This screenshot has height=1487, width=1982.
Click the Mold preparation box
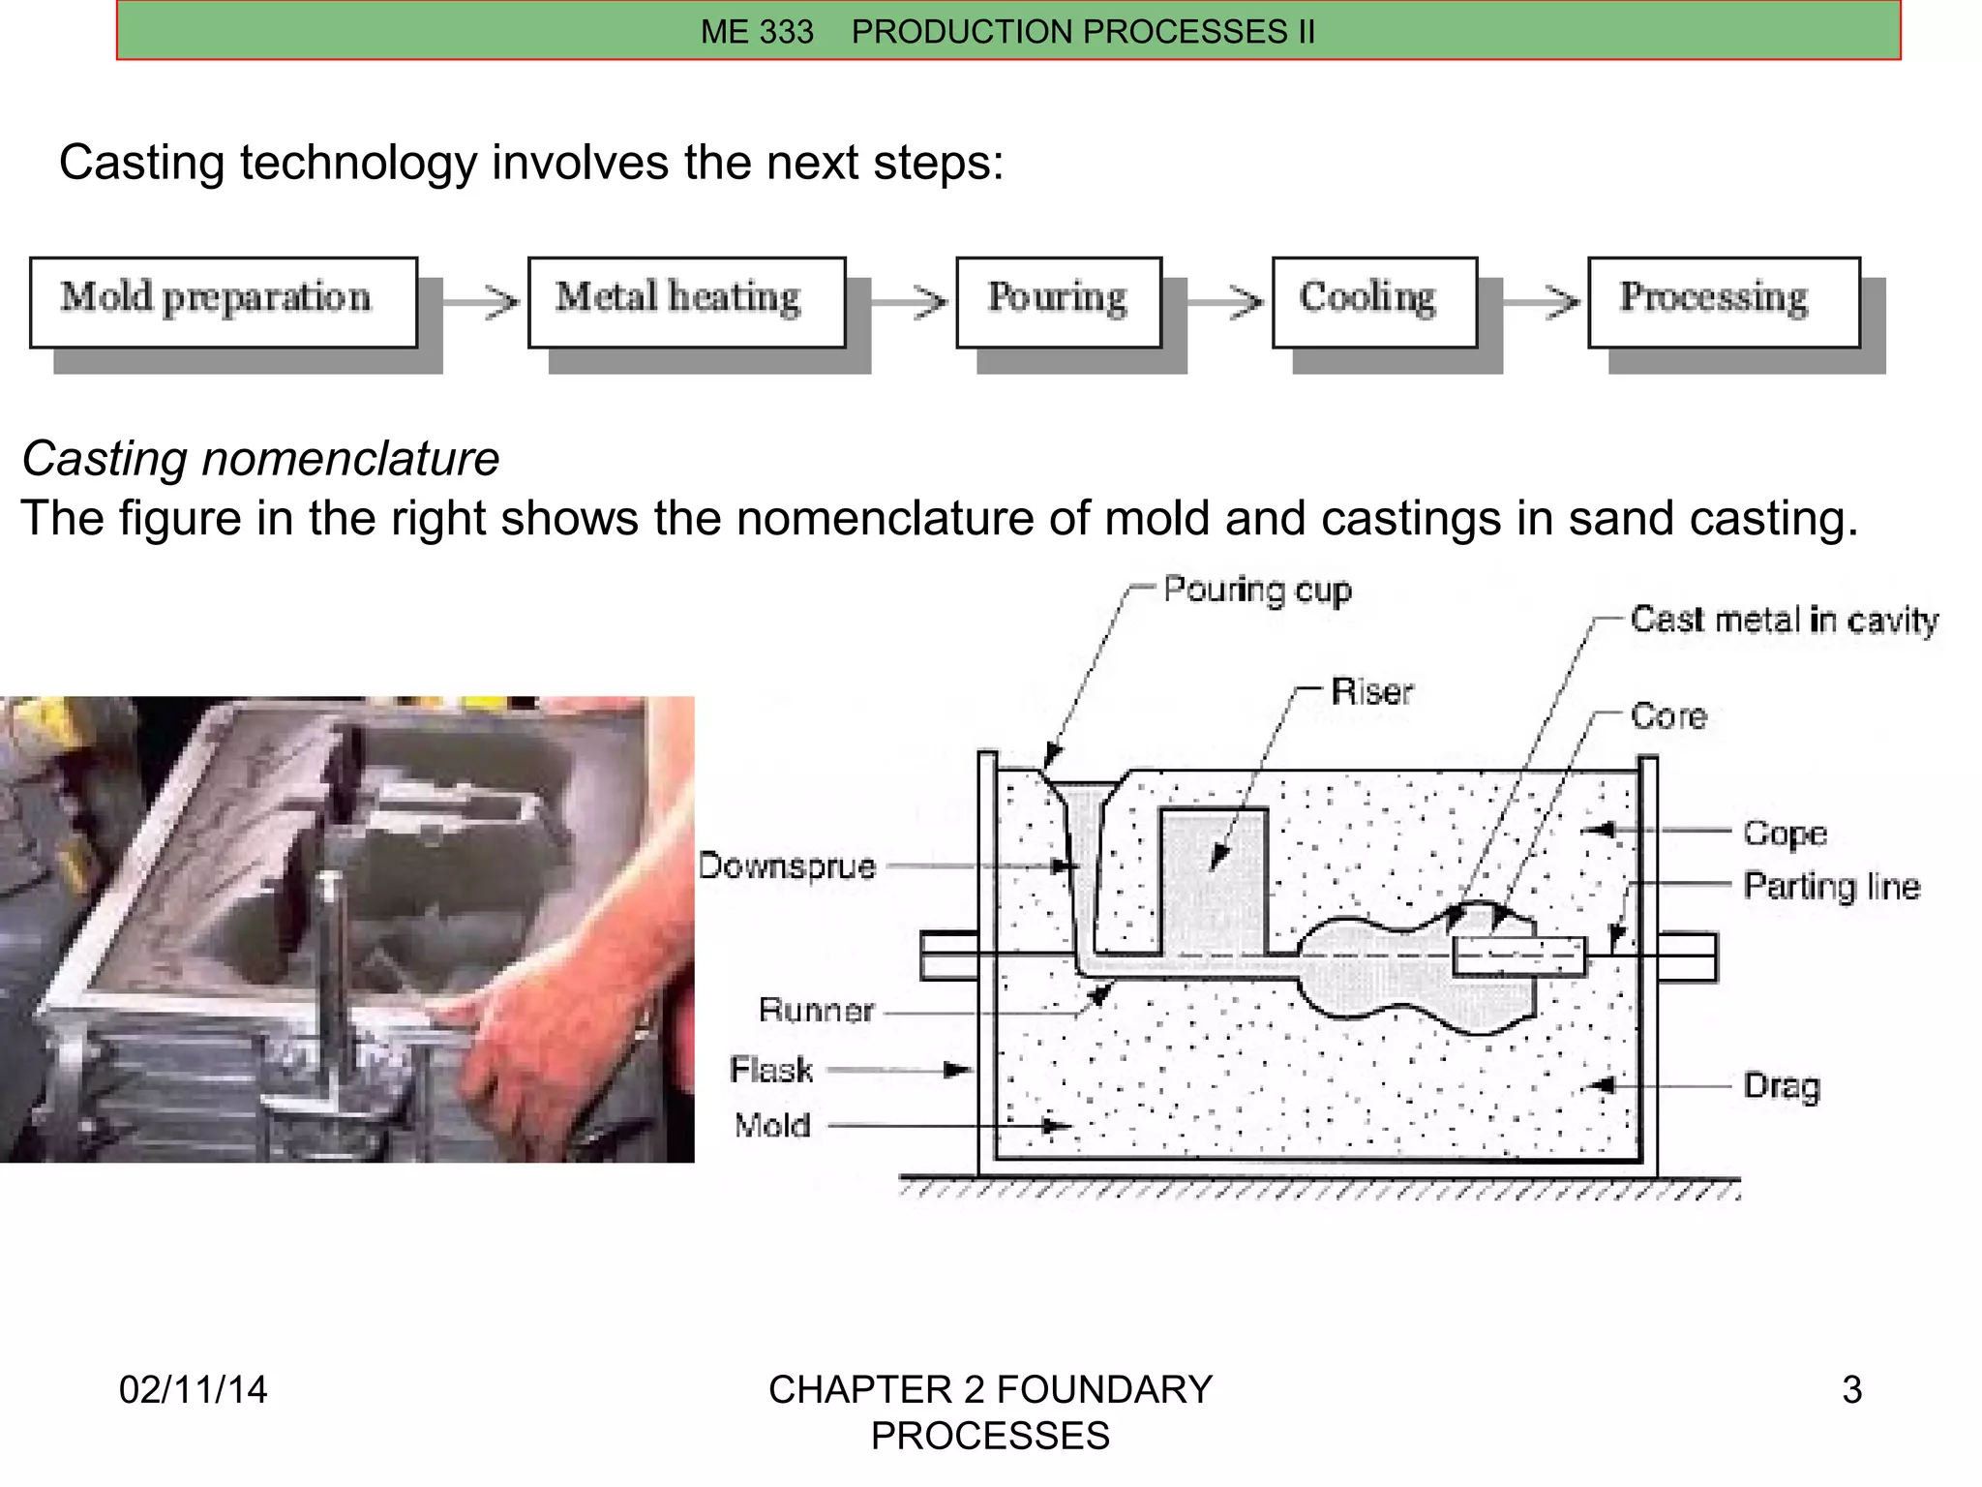(x=223, y=302)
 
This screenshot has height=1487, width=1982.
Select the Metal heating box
(x=686, y=302)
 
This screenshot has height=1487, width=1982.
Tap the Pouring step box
(x=1058, y=302)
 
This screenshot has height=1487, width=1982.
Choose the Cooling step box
(x=1373, y=302)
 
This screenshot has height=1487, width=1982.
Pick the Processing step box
(x=1723, y=302)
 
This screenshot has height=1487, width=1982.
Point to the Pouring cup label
(x=1256, y=590)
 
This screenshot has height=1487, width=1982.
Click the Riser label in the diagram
(x=1371, y=692)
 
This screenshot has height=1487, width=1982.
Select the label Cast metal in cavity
(x=1784, y=620)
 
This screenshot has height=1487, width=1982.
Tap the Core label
(x=1668, y=716)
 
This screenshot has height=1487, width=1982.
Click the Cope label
(x=1785, y=834)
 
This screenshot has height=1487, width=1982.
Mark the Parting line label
(x=1831, y=887)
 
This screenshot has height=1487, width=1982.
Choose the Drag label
(x=1781, y=1086)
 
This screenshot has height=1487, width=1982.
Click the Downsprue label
(x=787, y=865)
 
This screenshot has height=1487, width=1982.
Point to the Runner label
(x=816, y=1011)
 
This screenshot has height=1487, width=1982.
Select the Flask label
(x=771, y=1070)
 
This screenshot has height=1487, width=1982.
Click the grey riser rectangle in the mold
(x=1214, y=881)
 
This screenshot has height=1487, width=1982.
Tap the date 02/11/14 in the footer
(x=193, y=1390)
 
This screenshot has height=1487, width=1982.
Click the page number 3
(x=1851, y=1390)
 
